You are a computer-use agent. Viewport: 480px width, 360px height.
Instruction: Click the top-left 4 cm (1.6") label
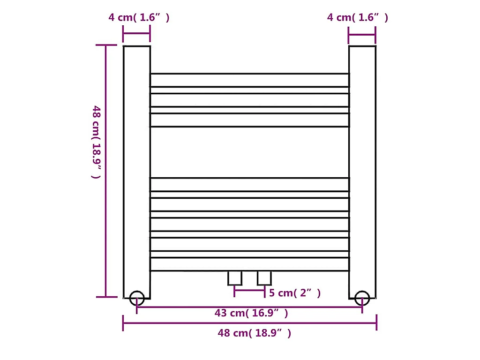(x=139, y=18)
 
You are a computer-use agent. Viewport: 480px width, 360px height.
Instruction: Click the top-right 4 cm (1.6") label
(x=358, y=18)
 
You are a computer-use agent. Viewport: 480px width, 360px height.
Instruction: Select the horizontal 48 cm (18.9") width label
(x=255, y=333)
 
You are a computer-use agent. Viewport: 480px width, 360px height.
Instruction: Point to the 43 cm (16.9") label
(x=251, y=313)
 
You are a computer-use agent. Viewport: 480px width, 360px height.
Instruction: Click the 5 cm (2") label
(x=295, y=293)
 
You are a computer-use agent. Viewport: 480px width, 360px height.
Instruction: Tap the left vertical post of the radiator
(x=137, y=169)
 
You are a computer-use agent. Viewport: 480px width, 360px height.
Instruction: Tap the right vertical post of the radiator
(x=362, y=169)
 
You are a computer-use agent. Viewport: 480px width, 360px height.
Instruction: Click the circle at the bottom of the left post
(x=137, y=298)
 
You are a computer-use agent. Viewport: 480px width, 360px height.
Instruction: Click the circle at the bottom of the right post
(x=362, y=298)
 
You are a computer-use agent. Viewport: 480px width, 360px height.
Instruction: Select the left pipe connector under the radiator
(x=235, y=278)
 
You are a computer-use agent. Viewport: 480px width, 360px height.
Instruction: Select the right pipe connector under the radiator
(x=264, y=278)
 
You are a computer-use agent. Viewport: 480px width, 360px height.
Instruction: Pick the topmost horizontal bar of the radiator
(x=249, y=80)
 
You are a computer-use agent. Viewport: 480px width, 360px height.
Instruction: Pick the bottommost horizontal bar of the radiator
(x=249, y=264)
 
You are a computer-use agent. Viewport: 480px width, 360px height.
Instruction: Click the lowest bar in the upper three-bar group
(x=249, y=120)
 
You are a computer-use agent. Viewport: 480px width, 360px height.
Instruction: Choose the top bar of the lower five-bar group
(x=249, y=184)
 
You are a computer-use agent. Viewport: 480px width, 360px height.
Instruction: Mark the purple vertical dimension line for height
(x=106, y=171)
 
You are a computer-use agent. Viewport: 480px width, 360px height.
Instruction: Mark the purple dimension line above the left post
(x=136, y=34)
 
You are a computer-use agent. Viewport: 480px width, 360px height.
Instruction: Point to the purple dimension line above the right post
(x=362, y=34)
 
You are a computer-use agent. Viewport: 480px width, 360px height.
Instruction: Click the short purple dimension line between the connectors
(x=250, y=291)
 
